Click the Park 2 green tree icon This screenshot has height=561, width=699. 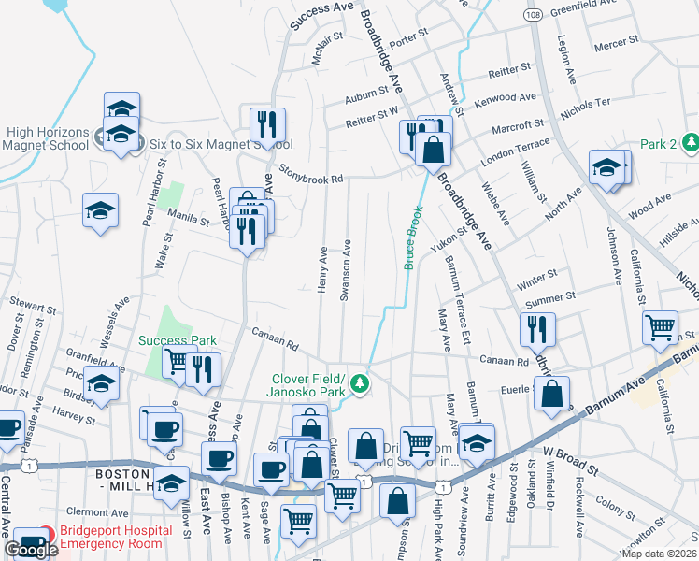690,143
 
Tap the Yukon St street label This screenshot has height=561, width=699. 449,242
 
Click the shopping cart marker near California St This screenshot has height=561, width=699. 660,327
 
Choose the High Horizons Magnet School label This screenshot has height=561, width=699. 45,138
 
